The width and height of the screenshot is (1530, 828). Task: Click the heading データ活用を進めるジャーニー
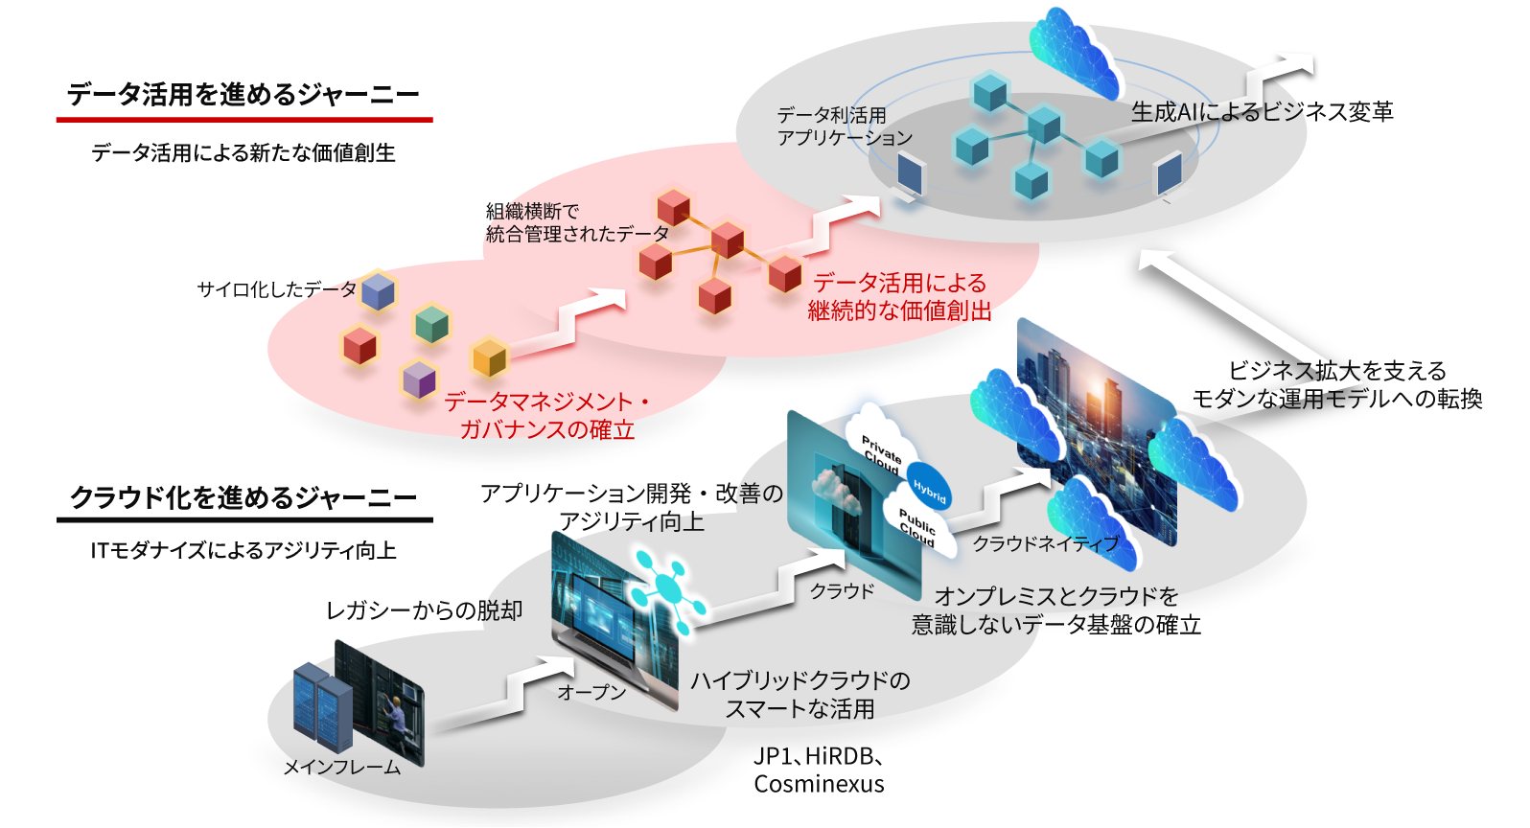click(x=243, y=95)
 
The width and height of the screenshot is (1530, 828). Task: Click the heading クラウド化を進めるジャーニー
click(x=243, y=497)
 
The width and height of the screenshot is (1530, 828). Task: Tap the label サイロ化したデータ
click(x=276, y=289)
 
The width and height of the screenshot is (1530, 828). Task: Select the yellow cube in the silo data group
click(x=490, y=358)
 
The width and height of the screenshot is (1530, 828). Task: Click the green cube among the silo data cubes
click(x=432, y=324)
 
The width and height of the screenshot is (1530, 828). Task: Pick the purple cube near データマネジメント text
click(x=419, y=379)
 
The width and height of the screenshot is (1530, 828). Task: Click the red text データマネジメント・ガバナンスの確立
click(x=547, y=415)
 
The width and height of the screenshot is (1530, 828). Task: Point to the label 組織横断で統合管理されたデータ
click(x=576, y=222)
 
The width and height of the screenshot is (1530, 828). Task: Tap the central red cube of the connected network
click(x=728, y=240)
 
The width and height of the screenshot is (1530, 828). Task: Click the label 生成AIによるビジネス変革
click(x=1262, y=112)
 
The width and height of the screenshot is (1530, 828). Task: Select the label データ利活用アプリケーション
click(x=844, y=126)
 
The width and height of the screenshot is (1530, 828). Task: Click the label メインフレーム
click(x=341, y=767)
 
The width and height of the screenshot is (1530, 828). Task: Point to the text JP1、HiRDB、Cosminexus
click(x=819, y=770)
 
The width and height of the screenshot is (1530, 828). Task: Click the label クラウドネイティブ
click(x=1045, y=544)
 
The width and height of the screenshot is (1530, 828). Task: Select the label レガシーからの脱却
click(x=424, y=610)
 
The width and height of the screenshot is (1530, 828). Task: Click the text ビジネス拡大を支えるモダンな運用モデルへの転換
click(x=1336, y=384)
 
